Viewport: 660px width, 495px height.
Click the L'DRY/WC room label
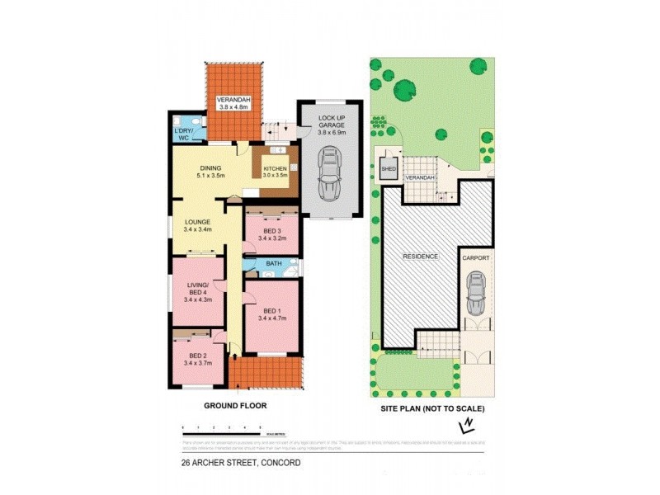tap(183, 135)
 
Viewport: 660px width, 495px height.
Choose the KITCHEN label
tap(275, 172)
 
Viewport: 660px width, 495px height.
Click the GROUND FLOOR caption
tap(235, 406)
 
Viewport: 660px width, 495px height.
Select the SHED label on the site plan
tap(388, 169)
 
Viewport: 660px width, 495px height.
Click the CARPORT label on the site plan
tap(476, 258)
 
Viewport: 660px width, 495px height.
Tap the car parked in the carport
tap(476, 294)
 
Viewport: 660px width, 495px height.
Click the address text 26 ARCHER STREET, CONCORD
tap(241, 463)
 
